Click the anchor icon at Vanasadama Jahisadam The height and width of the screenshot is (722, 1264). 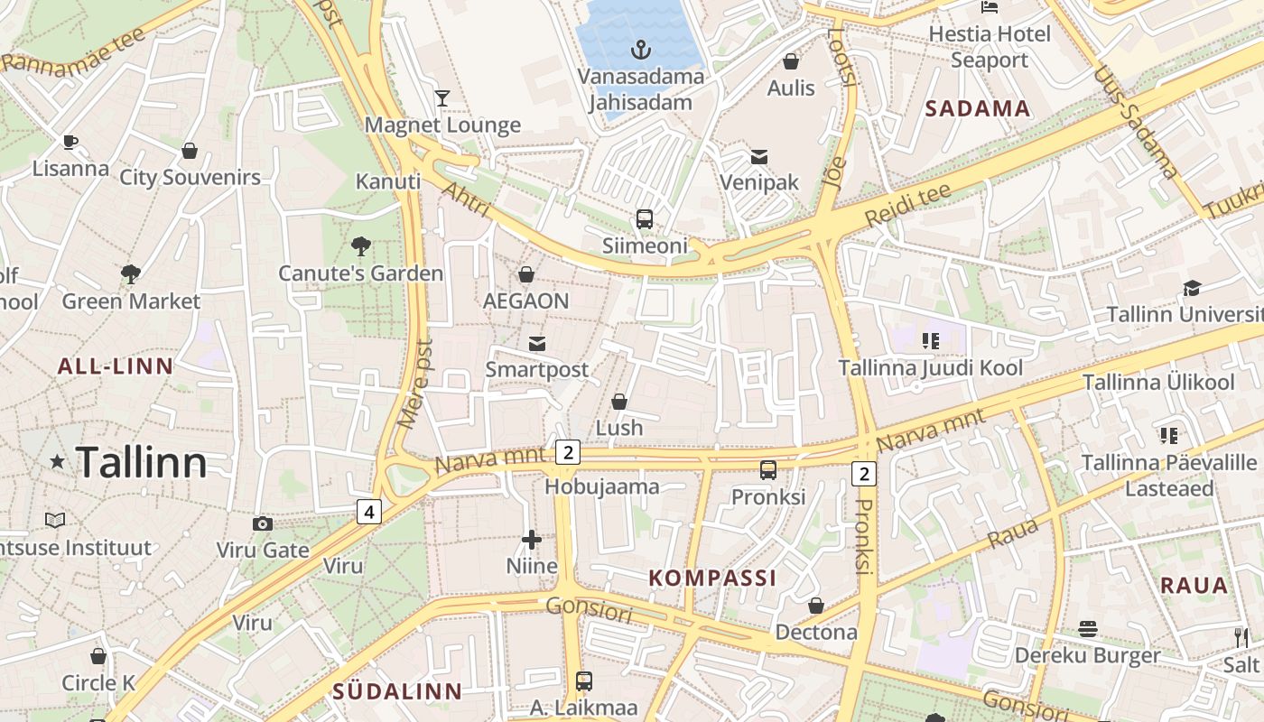[x=641, y=50]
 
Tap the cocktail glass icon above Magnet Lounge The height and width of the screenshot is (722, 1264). [x=442, y=98]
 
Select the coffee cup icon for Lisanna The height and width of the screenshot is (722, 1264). [x=70, y=142]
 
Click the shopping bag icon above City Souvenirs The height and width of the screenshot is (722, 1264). [x=190, y=151]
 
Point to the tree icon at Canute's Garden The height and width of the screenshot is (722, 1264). [x=360, y=245]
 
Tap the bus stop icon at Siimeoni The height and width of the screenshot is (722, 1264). [x=645, y=218]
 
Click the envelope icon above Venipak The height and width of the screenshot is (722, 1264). [x=759, y=157]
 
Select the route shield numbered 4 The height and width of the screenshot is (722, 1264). [x=368, y=512]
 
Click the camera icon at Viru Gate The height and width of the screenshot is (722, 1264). [x=262, y=523]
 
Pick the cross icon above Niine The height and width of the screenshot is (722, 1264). [x=532, y=540]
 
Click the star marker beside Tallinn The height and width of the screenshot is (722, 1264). [x=57, y=462]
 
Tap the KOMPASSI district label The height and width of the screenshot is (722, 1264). [x=712, y=579]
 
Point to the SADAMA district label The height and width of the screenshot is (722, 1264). [x=978, y=109]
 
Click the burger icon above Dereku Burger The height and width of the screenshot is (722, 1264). [x=1088, y=628]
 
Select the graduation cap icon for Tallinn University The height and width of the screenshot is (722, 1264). [x=1192, y=288]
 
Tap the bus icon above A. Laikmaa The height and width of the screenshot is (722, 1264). [x=584, y=681]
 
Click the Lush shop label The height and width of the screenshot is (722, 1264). [x=619, y=427]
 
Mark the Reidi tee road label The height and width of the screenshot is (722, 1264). [x=907, y=206]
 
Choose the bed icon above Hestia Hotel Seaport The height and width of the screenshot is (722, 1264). [x=990, y=7]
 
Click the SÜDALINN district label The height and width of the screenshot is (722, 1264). [x=397, y=692]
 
